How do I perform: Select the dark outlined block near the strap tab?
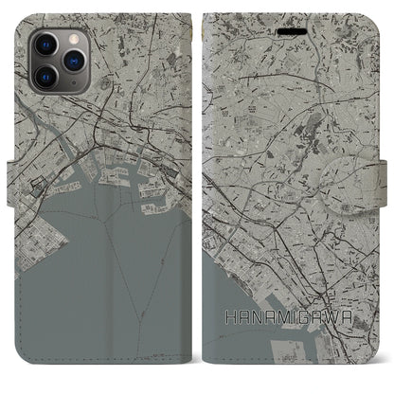[x=38, y=161]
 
